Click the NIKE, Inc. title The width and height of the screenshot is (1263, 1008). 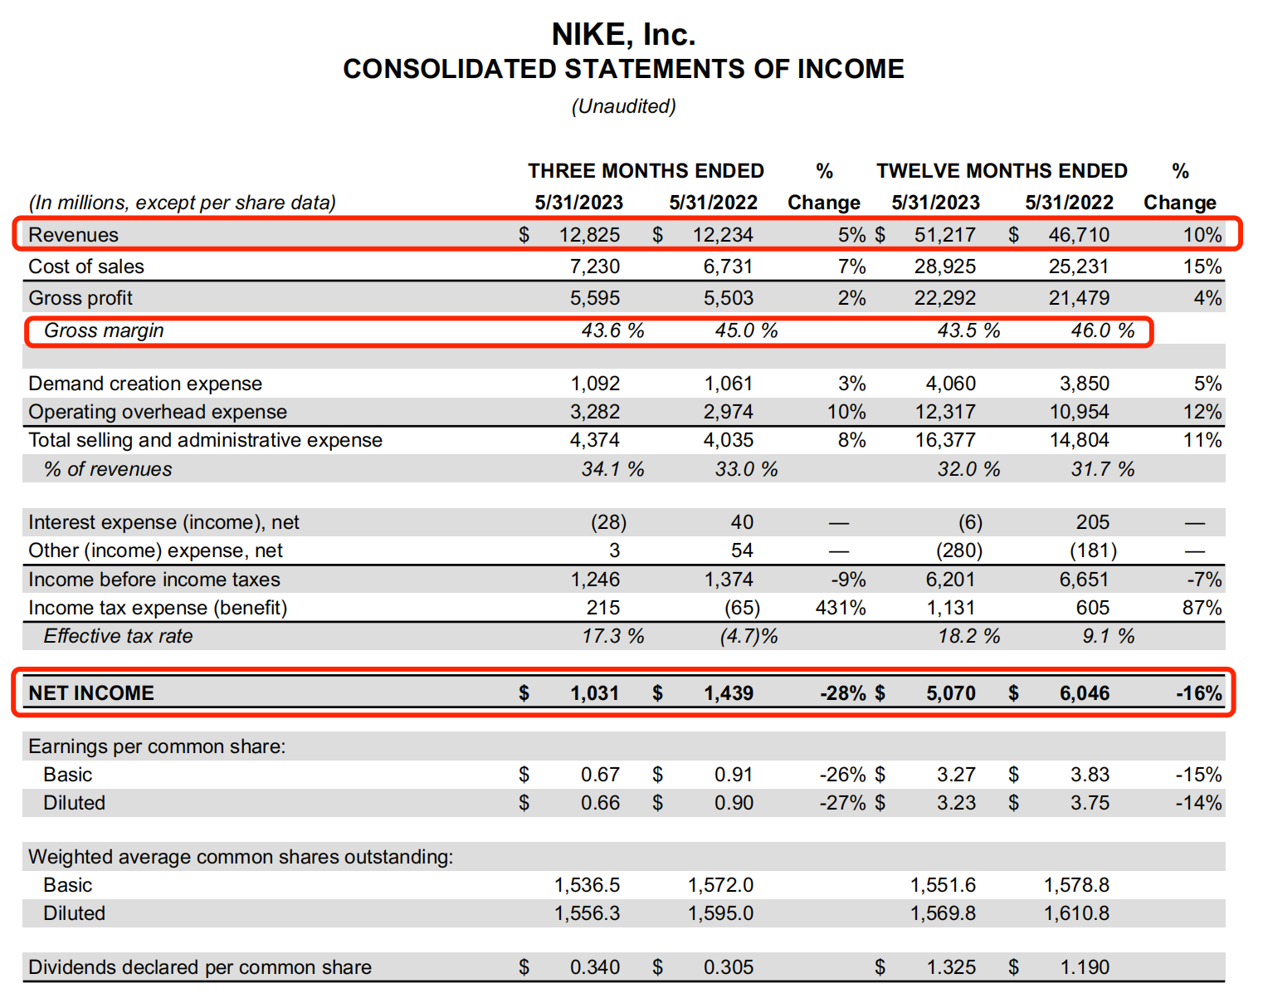(x=623, y=35)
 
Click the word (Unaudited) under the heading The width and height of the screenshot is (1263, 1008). (x=623, y=106)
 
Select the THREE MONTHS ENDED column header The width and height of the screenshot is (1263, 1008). (x=646, y=171)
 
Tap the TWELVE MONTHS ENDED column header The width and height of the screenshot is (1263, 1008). (x=1002, y=171)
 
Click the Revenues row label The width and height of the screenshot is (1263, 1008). (x=74, y=235)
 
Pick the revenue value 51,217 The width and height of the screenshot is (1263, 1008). (x=945, y=235)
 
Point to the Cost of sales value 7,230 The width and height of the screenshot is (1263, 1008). (x=595, y=267)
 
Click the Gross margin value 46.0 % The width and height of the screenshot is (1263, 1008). (x=1102, y=330)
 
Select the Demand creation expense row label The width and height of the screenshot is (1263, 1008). (x=145, y=384)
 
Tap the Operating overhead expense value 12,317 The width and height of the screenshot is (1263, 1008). (x=945, y=412)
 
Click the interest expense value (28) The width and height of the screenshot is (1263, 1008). (x=608, y=522)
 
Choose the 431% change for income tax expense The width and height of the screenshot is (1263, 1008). (x=841, y=608)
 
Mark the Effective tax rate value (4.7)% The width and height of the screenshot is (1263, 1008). (x=748, y=636)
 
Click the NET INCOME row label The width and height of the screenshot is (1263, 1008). (x=91, y=693)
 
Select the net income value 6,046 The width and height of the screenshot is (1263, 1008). (x=1085, y=693)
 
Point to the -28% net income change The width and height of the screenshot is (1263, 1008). (x=843, y=693)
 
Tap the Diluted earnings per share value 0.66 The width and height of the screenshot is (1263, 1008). (x=600, y=803)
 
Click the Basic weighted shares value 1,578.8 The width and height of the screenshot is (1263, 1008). (x=1076, y=885)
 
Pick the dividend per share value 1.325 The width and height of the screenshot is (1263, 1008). (x=951, y=967)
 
